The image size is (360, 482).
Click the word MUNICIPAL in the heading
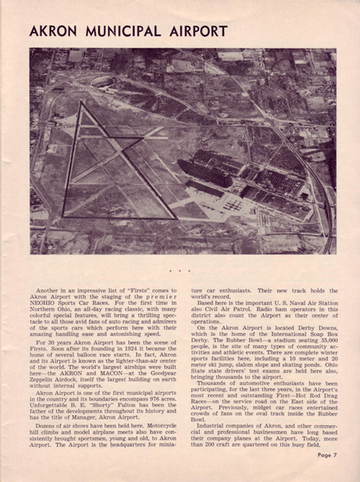[123, 32]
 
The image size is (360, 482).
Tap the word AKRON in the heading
[53, 32]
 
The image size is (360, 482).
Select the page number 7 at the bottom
[335, 455]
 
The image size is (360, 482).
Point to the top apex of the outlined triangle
[81, 102]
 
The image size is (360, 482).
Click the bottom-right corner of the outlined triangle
[176, 218]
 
